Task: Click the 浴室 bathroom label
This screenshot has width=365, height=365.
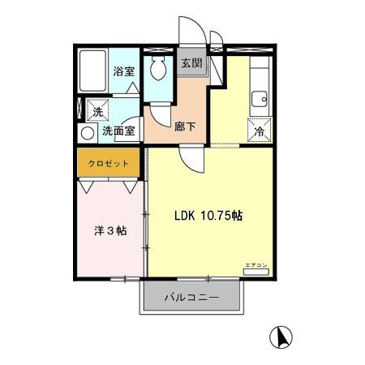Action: pos(123,71)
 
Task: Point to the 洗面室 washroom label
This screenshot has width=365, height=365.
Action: pos(117,130)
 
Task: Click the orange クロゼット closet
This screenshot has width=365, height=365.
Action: pos(109,163)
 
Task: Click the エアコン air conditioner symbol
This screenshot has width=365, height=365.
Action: pos(255,268)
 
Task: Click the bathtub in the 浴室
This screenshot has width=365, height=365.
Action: pos(92,70)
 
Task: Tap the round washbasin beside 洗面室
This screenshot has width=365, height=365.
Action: pos(87,131)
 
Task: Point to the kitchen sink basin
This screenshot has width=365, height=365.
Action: pos(261,100)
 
